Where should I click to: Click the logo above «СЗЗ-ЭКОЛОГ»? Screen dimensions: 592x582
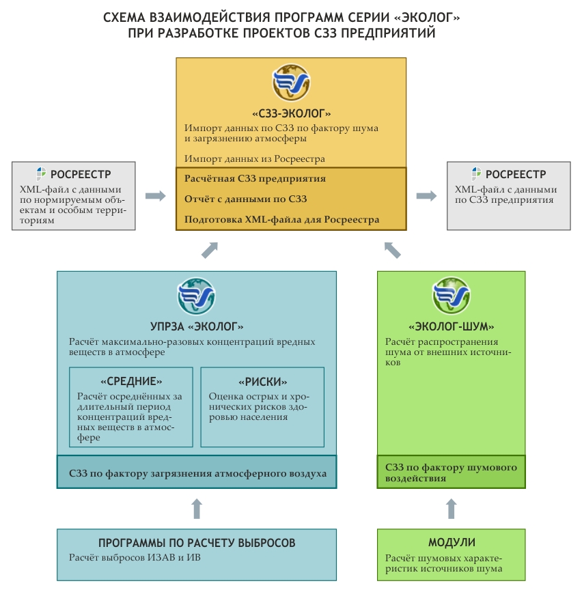(292, 83)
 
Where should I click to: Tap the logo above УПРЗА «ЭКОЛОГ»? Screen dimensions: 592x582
(197, 296)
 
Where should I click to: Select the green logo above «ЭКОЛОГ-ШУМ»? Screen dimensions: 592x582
(451, 296)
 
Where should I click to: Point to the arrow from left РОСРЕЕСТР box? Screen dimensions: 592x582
(156, 196)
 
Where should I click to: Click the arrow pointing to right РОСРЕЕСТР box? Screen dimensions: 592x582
(427, 196)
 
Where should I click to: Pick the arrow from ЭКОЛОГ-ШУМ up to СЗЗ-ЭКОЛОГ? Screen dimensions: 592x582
(392, 250)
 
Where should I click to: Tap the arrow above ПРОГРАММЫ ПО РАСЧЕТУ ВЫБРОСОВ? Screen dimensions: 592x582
(197, 509)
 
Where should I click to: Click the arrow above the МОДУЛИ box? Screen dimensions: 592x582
(451, 509)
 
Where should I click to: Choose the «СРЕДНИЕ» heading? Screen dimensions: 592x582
(131, 382)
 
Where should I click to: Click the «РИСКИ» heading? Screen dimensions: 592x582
(262, 382)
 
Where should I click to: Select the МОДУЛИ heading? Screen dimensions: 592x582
(452, 543)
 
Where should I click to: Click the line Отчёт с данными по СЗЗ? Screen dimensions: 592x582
(245, 199)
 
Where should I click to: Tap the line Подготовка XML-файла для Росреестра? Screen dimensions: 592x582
(281, 220)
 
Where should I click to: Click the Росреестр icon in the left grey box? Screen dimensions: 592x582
(42, 173)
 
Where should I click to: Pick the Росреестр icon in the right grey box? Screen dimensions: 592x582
(477, 173)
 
